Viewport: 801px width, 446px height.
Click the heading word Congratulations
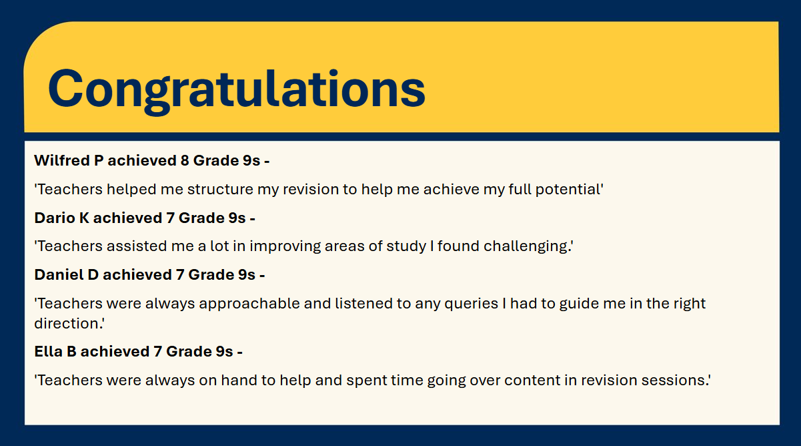click(x=236, y=89)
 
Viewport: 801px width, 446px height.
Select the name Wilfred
click(x=62, y=160)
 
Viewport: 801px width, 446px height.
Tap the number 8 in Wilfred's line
click(x=185, y=160)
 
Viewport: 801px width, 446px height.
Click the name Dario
click(x=54, y=218)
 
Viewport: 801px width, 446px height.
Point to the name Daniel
click(x=59, y=274)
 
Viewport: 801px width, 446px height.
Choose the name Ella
click(x=48, y=351)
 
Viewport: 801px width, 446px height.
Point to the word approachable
click(x=249, y=304)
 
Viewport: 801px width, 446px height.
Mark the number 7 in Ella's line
click(x=157, y=351)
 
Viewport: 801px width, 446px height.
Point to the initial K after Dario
click(x=84, y=218)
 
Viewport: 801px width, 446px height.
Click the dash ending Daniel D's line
click(x=262, y=276)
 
